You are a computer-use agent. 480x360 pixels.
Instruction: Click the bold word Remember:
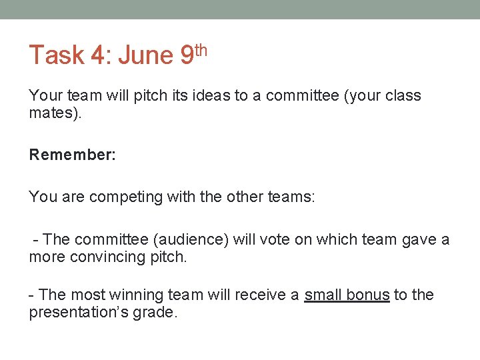click(x=73, y=155)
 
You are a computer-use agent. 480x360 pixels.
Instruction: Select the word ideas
click(x=211, y=95)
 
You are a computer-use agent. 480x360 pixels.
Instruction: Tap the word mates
click(x=53, y=113)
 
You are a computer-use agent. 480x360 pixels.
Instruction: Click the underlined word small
click(x=323, y=295)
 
